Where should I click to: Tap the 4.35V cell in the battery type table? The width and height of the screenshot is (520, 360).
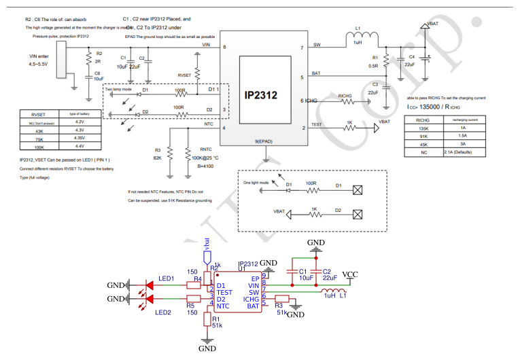point(79,138)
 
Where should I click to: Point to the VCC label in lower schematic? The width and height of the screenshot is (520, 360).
point(350,274)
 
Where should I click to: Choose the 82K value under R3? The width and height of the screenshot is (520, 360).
point(158,158)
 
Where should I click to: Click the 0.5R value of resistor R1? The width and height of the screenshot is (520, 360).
point(375,66)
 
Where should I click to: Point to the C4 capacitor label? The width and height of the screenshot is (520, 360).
point(411,57)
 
